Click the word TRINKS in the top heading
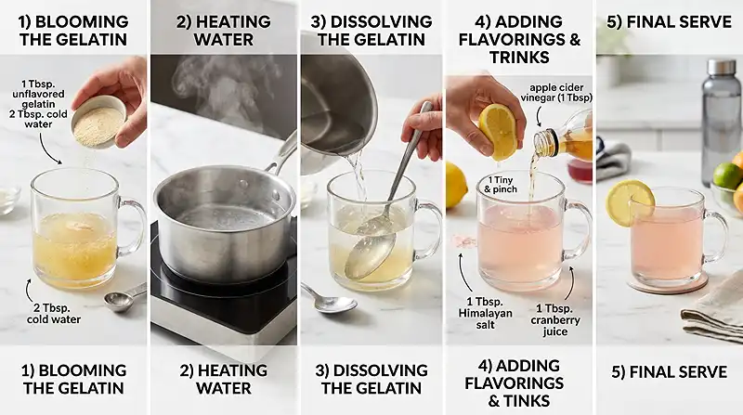click(x=519, y=58)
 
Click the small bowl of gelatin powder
click(x=98, y=120)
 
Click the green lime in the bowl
click(x=725, y=175)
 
